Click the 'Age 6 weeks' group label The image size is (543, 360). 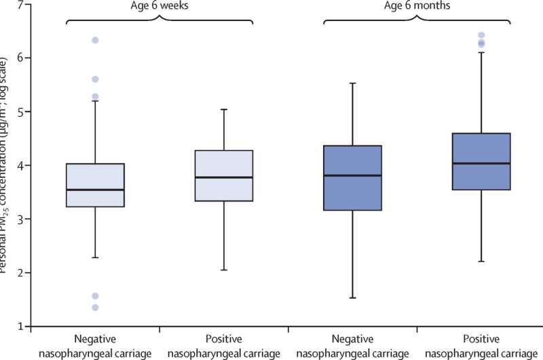coord(159,6)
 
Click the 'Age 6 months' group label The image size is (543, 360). coord(416,6)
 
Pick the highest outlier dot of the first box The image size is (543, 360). coord(95,40)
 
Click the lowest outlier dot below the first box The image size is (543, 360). coord(95,308)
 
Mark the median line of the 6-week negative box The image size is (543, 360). coord(95,190)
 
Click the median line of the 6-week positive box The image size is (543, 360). coord(223,177)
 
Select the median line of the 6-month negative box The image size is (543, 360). coord(352,175)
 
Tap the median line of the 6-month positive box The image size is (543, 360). coord(481,163)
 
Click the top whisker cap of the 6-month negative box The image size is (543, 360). coord(352,83)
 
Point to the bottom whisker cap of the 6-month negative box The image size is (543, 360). coord(352,298)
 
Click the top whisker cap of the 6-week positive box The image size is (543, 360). coord(223,109)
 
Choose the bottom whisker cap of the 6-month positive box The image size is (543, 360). coord(481,262)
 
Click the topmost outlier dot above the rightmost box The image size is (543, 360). coord(481,35)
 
